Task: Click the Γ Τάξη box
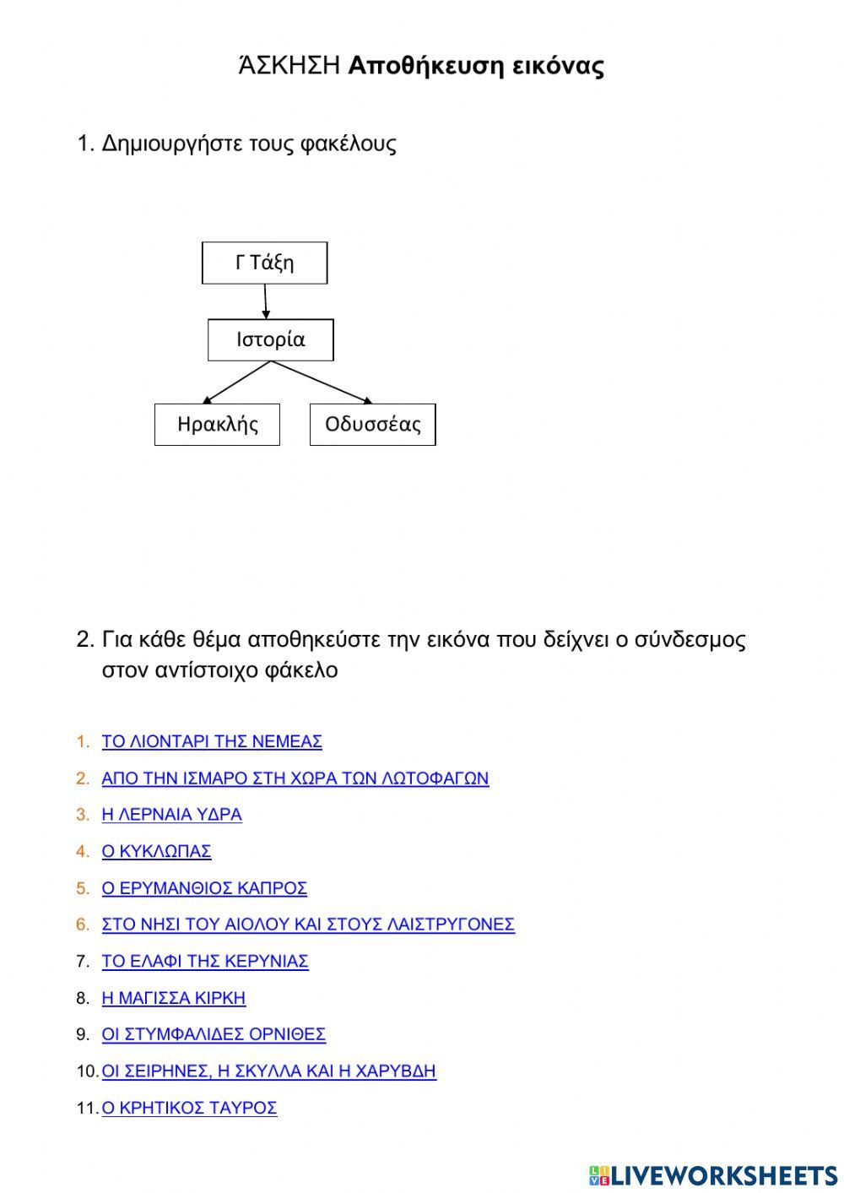tap(264, 263)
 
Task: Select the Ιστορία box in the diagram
tap(270, 339)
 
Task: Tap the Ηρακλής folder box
tap(217, 424)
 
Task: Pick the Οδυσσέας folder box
tap(372, 424)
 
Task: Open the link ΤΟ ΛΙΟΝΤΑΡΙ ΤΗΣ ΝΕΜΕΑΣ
tap(212, 741)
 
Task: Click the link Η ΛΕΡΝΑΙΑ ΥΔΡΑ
tap(171, 815)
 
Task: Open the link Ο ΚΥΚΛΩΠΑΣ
tap(156, 851)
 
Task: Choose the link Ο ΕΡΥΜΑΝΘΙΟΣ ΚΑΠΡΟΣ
tap(204, 888)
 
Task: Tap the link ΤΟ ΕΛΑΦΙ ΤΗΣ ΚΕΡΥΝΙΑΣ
tap(205, 961)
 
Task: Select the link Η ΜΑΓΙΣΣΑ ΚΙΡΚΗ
tap(174, 998)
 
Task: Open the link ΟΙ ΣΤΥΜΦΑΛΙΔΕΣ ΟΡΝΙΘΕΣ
tap(214, 1034)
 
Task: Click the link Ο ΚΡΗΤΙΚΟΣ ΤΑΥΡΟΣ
tap(189, 1108)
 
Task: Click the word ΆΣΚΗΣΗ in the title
tap(289, 66)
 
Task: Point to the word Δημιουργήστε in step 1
tap(171, 144)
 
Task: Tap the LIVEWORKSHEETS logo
tap(713, 1174)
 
